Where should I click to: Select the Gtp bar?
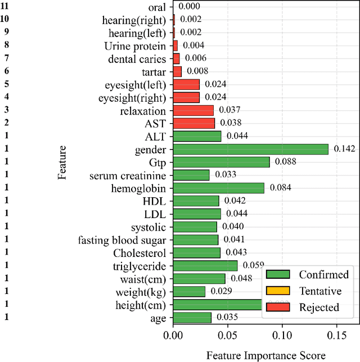click(221, 162)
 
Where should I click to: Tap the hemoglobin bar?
click(218, 188)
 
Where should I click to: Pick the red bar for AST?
click(193, 123)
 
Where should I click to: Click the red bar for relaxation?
click(193, 110)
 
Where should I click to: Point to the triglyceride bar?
click(205, 265)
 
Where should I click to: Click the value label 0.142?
click(345, 149)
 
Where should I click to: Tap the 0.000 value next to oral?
click(190, 7)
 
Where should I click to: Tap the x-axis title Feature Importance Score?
click(266, 355)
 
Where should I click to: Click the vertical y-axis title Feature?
click(62, 162)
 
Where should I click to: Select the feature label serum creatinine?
click(128, 175)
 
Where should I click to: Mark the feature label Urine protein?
click(135, 46)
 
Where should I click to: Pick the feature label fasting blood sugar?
click(122, 240)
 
